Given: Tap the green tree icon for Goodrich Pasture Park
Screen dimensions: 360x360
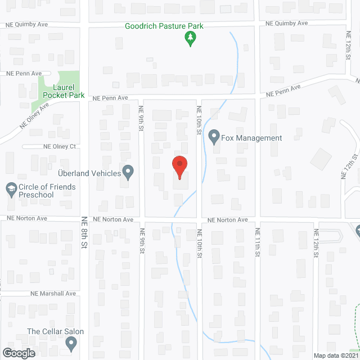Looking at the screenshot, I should coord(191,39).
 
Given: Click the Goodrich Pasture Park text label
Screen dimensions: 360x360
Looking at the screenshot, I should coord(164,26).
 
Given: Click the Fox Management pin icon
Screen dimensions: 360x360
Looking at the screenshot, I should coord(214,137).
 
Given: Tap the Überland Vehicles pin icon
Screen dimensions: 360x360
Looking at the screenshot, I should coord(128,173).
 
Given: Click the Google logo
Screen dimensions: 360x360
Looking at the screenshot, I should coord(18,353).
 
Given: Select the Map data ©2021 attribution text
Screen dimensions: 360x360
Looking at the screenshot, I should coord(336,355).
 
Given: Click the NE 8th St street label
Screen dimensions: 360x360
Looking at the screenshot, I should coord(84,232).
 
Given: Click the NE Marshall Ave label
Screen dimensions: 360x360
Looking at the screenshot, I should coord(53,294).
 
